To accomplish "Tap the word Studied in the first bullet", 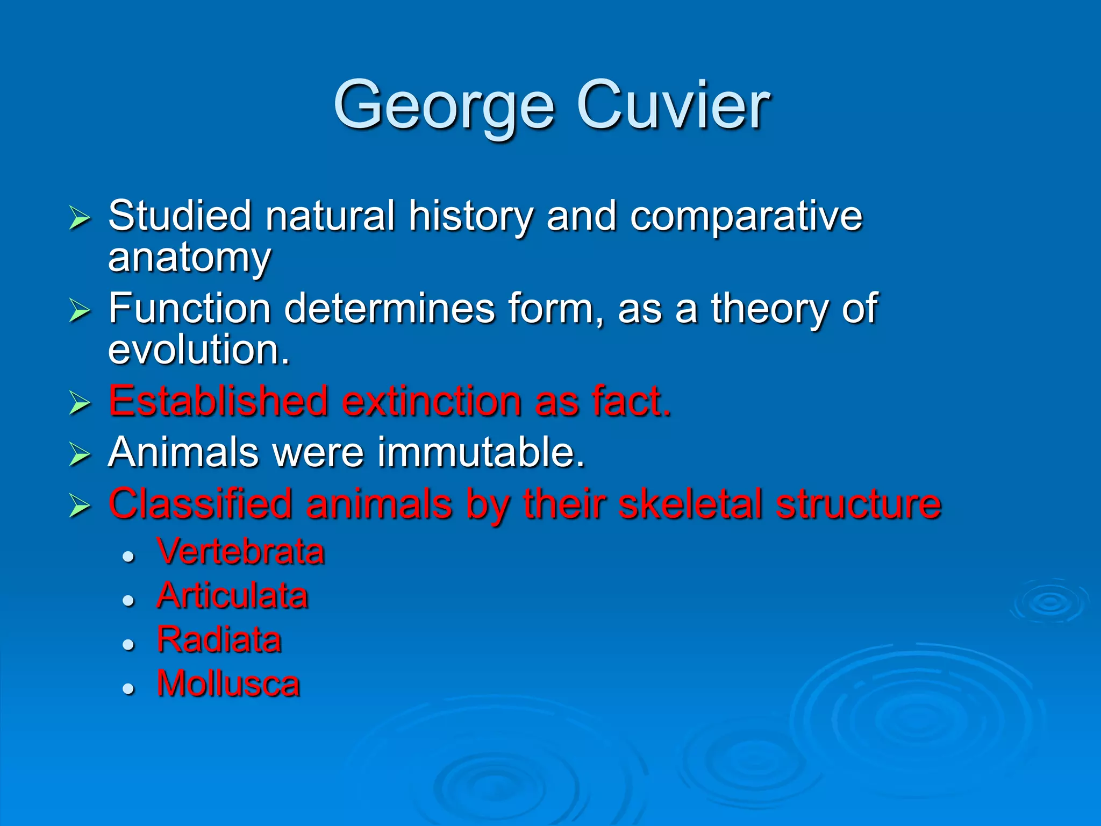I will coord(180,216).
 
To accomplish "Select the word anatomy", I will coord(189,258).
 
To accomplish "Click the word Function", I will coord(189,309).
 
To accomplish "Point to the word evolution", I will coord(198,350).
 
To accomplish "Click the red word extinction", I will coord(431,401).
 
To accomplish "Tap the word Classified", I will coord(200,504).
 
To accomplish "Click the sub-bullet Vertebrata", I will coord(241,552).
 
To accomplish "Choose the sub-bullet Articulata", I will coord(232,596).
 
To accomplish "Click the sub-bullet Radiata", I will coord(219,640).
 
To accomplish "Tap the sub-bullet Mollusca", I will coord(228,684).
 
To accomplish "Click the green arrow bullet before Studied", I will coord(80,218).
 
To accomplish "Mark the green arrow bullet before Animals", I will coord(80,454).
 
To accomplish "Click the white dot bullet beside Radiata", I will coord(128,644).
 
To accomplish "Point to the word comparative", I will coord(746,216).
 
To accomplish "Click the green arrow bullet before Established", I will coord(80,403).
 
